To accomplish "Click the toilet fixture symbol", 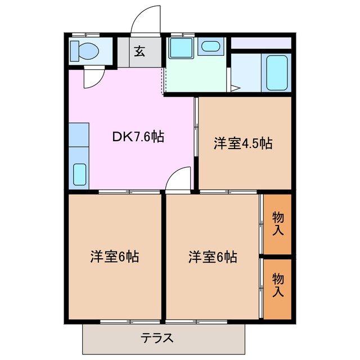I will pyautogui.click(x=84, y=51).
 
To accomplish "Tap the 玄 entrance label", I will pyautogui.click(x=139, y=51).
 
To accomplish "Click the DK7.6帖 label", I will pyautogui.click(x=138, y=137).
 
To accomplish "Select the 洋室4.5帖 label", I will pyautogui.click(x=242, y=143).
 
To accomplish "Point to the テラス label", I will pyautogui.click(x=157, y=338).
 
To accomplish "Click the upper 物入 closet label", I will pyautogui.click(x=278, y=223).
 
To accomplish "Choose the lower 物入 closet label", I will pyautogui.click(x=278, y=285).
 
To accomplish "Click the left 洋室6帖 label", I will pyautogui.click(x=115, y=257).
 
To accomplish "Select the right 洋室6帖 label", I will pyautogui.click(x=213, y=257).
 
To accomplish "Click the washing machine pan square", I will pyautogui.click(x=181, y=48).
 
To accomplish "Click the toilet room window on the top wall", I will pyautogui.click(x=84, y=35).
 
